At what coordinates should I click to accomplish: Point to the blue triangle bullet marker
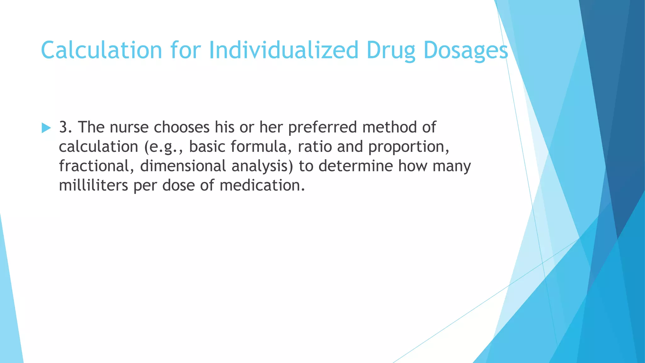46,128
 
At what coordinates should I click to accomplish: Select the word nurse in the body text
129,127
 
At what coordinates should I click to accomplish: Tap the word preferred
322,127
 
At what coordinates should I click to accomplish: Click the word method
389,127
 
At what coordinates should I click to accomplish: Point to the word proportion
408,147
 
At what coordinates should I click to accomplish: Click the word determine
356,166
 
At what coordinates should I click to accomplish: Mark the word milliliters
93,185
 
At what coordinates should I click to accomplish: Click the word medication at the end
262,185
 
